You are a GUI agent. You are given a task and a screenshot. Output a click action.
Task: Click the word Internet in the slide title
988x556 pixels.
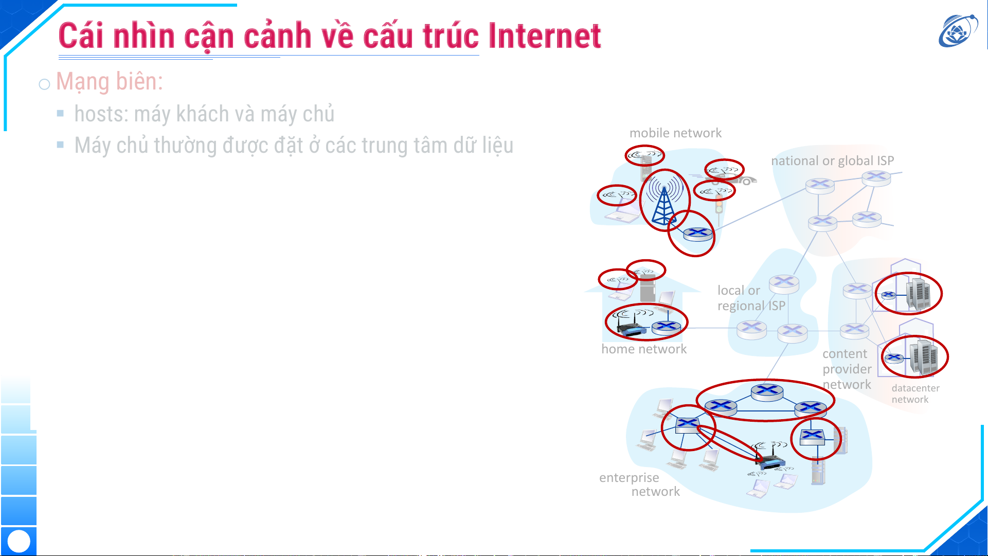545,36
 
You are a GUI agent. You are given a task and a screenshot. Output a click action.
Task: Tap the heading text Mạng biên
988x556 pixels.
110,82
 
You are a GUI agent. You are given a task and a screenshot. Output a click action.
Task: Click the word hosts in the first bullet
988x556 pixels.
100,114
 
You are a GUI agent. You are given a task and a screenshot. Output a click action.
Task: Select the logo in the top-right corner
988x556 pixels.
958,30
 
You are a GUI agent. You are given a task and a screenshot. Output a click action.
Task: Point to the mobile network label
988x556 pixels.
675,133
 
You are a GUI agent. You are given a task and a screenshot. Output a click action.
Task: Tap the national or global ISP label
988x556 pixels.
832,161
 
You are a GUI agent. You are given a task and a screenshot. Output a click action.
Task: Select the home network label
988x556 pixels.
644,349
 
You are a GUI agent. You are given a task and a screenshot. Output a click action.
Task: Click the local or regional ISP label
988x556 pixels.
751,298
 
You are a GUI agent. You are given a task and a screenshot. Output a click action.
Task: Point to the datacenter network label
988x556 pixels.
915,394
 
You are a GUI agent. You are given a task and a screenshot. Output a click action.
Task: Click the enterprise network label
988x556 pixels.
639,485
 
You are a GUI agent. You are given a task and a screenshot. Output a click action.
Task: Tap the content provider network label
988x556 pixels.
847,369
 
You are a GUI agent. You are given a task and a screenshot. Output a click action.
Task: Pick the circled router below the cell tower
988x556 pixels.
697,234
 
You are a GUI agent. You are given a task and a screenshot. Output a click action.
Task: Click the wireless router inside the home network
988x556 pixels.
632,327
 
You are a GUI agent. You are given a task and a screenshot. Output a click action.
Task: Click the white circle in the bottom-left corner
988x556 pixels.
19,541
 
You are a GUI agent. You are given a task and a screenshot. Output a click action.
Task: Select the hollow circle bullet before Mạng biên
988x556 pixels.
44,84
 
